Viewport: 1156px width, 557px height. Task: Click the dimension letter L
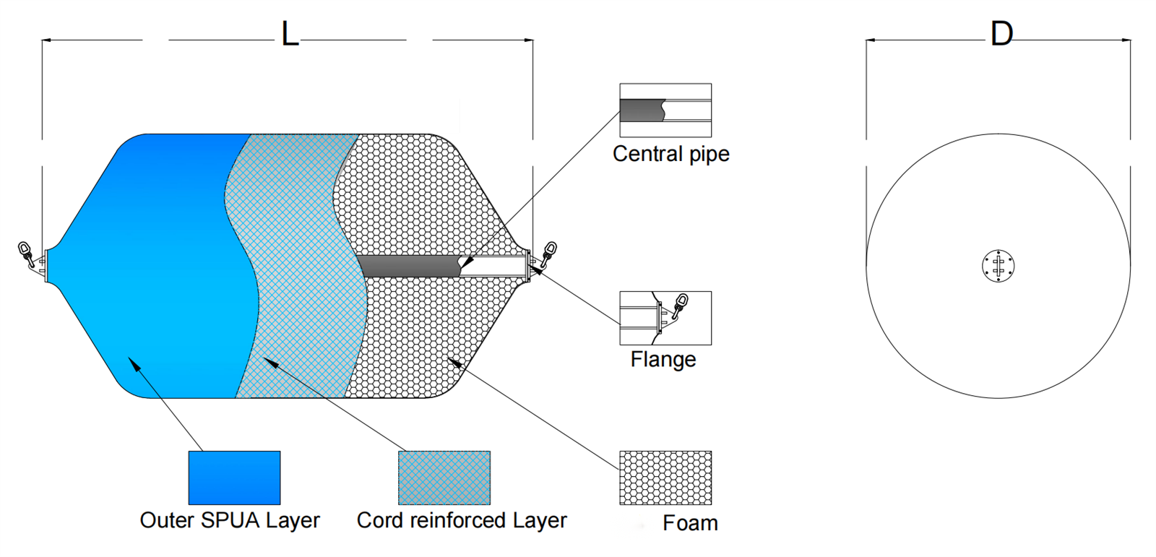click(x=290, y=34)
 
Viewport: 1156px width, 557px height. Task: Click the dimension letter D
click(x=1001, y=34)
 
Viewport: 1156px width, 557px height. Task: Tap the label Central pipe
click(x=671, y=155)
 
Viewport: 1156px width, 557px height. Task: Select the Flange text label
click(x=663, y=359)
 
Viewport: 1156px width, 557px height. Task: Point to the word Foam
click(x=690, y=523)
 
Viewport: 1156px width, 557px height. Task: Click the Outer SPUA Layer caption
click(x=230, y=520)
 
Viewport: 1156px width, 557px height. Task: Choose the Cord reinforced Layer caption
click(x=462, y=520)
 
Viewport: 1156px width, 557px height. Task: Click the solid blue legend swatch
click(x=234, y=478)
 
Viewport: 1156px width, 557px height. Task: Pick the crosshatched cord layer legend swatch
click(x=444, y=478)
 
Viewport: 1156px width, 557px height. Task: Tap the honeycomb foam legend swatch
click(x=665, y=478)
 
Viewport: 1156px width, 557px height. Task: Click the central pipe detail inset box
click(x=665, y=111)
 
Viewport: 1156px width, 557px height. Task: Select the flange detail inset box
click(x=665, y=318)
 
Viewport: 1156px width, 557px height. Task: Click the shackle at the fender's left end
click(x=26, y=254)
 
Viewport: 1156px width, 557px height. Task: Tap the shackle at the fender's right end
click(x=548, y=254)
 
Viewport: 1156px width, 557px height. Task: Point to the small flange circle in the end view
click(x=998, y=266)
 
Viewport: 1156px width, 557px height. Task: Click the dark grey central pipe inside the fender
click(x=410, y=267)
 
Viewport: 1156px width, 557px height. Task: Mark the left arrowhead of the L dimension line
click(x=46, y=40)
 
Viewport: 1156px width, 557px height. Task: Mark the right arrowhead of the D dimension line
click(x=1126, y=40)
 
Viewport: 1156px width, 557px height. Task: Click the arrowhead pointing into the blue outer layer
click(x=133, y=363)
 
